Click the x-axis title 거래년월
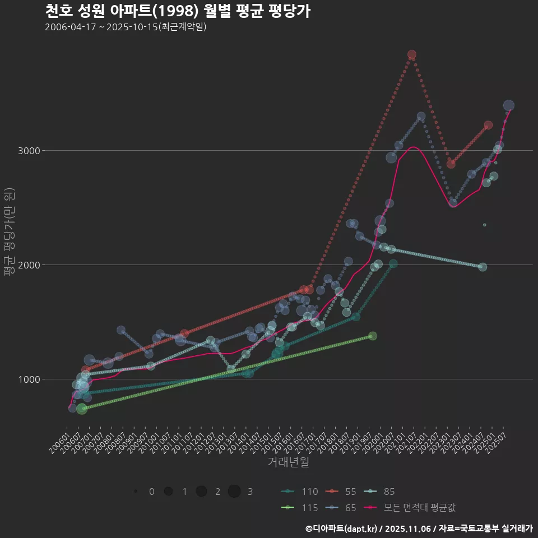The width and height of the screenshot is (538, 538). pyautogui.click(x=288, y=462)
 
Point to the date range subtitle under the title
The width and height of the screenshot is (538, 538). pyautogui.click(x=126, y=27)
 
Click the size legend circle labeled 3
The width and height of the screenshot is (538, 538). pyautogui.click(x=234, y=491)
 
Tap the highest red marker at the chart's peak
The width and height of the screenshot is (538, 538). pyautogui.click(x=412, y=55)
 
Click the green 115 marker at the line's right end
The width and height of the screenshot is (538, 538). pyautogui.click(x=373, y=336)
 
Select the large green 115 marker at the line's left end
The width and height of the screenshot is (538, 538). pyautogui.click(x=82, y=409)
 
